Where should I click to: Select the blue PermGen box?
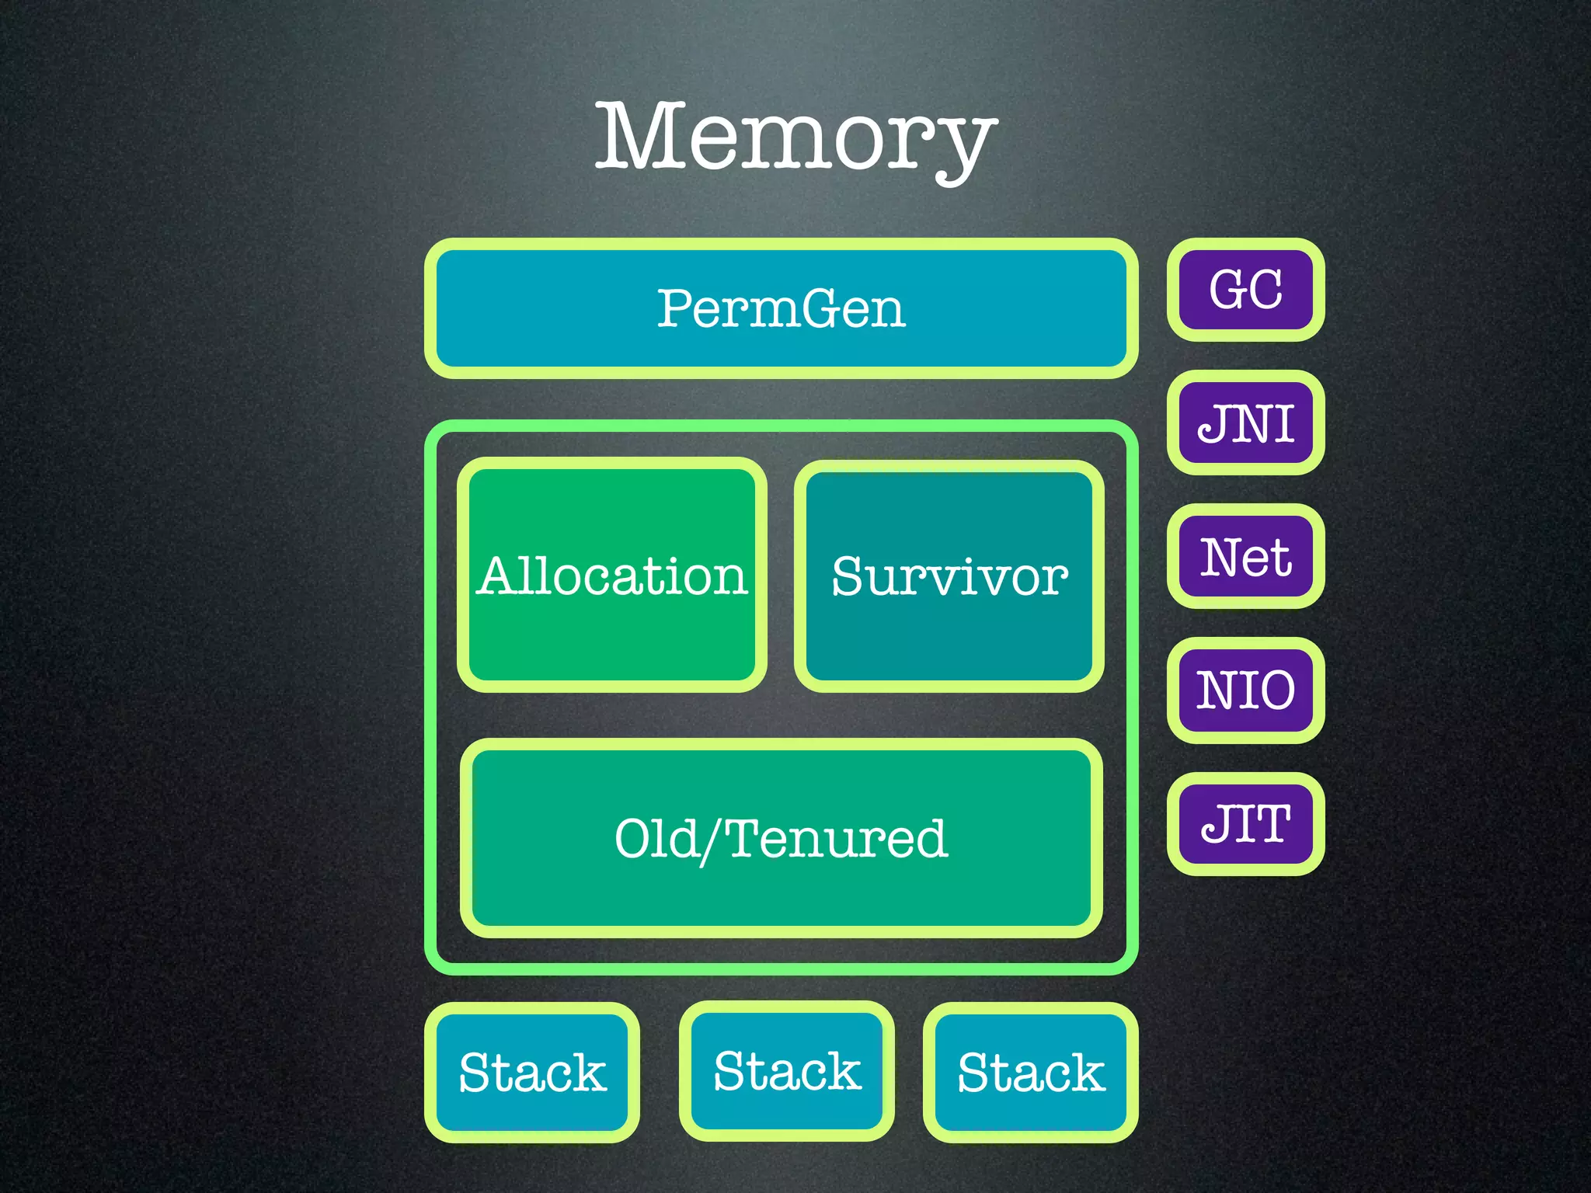[782, 308]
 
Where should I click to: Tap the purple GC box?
[1245, 290]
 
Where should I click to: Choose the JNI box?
[1245, 423]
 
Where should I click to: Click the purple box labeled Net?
[1245, 557]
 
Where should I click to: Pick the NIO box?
[1245, 690]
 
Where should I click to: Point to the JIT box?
[1245, 824]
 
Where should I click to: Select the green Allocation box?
[612, 576]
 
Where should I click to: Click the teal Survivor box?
[949, 576]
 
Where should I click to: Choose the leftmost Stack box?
[532, 1073]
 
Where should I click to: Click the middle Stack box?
[787, 1072]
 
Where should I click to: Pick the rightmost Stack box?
[1031, 1073]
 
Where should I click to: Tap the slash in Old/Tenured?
[711, 841]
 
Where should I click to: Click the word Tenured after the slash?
[837, 839]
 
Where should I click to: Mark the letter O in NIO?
[1273, 690]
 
